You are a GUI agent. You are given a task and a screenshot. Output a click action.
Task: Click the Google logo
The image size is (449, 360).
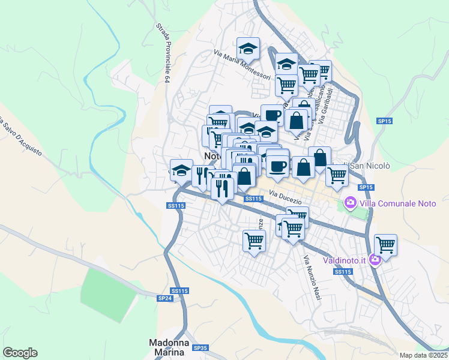pos(20,353)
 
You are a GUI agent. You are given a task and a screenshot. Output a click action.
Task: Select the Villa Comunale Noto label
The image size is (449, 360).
pos(397,203)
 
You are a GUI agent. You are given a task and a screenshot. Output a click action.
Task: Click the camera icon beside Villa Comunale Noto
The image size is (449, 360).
pos(350,204)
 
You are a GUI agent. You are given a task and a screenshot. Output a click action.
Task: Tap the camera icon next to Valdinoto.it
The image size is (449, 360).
pos(375,260)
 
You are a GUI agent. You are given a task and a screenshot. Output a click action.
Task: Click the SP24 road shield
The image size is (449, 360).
pos(164,298)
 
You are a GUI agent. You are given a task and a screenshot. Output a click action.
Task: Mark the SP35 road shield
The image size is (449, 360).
pos(200,347)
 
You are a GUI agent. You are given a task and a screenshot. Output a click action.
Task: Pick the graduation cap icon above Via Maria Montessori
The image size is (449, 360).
pos(248,47)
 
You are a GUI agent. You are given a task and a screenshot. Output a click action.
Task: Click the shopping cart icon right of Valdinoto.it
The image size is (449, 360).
pos(385,244)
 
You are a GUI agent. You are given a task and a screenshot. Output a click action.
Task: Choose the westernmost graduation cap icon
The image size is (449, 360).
pos(181,170)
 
